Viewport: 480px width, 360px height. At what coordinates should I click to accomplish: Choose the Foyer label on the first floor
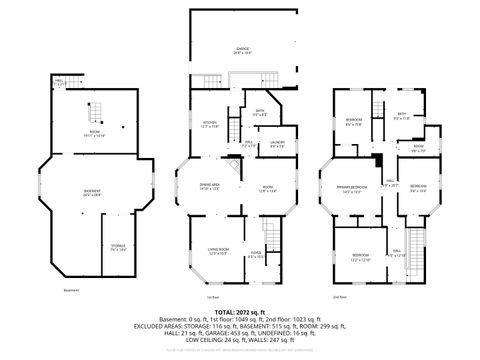coord(255,255)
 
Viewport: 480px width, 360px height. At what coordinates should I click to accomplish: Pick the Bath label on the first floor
coord(258,113)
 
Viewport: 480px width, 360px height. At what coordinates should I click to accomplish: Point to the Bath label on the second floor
coord(401,117)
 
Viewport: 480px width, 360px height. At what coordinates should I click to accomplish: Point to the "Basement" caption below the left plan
coord(71,291)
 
